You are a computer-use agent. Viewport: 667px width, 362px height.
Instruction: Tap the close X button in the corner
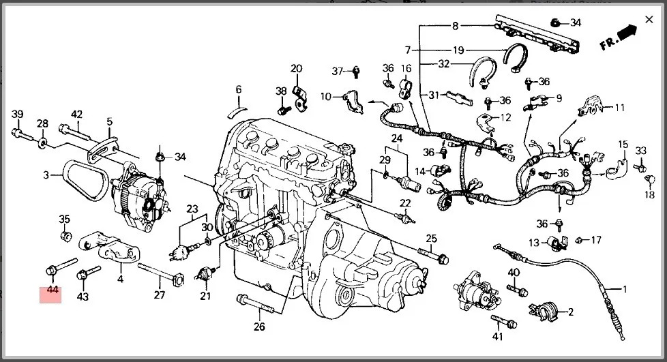pos(649,19)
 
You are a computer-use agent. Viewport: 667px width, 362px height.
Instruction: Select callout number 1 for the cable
pos(623,289)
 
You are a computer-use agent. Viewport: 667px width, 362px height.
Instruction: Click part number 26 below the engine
pos(259,327)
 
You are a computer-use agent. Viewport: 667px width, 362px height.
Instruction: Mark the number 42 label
pos(76,115)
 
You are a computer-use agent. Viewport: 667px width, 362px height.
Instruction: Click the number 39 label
pos(18,114)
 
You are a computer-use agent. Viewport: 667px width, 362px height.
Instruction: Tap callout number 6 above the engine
pos(239,89)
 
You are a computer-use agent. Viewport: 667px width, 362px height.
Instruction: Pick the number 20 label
pos(296,68)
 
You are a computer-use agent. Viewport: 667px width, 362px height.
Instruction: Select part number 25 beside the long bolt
pos(431,238)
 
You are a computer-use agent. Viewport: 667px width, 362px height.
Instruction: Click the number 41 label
pos(497,336)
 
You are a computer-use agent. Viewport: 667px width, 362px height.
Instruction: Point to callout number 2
pos(570,312)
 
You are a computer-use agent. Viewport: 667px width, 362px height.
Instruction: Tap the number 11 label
pos(619,108)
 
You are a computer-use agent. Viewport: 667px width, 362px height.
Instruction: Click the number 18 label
pos(649,195)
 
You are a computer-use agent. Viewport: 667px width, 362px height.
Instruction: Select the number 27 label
pos(160,295)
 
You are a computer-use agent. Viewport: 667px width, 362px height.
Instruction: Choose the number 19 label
pos(458,50)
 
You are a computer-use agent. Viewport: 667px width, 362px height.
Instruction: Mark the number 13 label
pos(535,242)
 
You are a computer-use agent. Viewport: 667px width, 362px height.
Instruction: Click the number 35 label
pos(64,219)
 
